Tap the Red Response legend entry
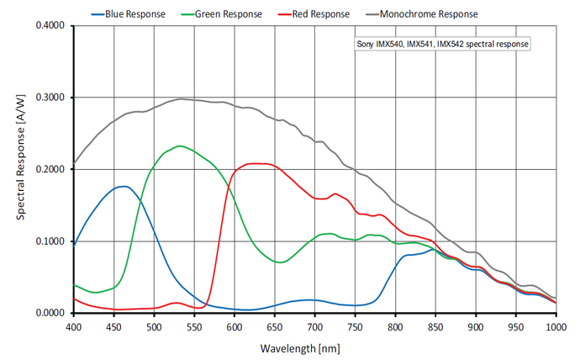316,13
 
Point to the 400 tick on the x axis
74,326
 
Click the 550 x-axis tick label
194,326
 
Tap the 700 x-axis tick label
315,326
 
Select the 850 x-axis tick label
435,326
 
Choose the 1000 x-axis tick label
556,326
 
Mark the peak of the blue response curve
124,186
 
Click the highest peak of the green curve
180,146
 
